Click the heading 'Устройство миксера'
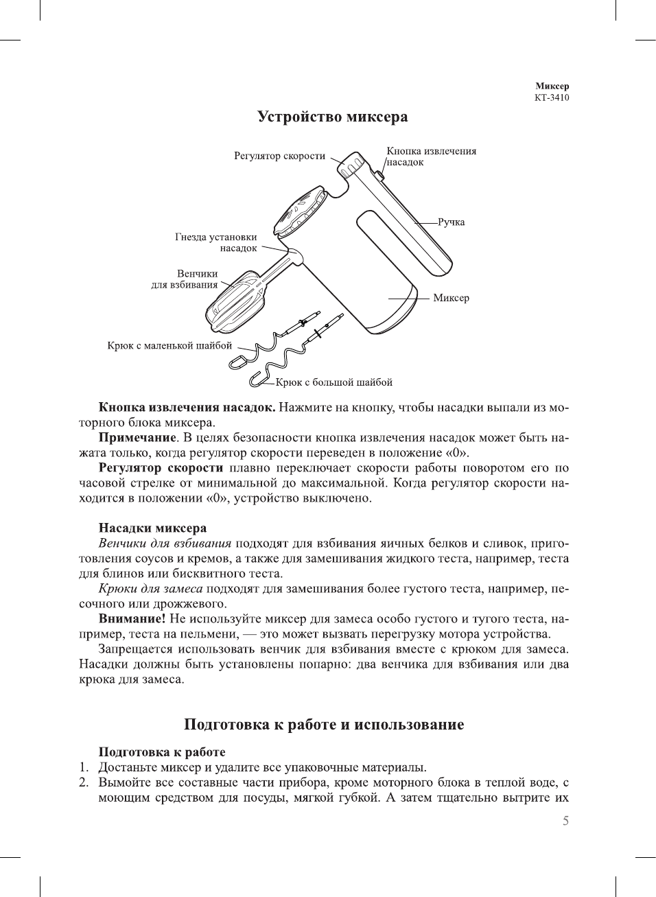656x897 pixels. pyautogui.click(x=332, y=117)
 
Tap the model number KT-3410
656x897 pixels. pyautogui.click(x=552, y=97)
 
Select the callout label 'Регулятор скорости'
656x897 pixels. pyautogui.click(x=279, y=156)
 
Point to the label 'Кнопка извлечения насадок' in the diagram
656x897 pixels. pyautogui.click(x=430, y=156)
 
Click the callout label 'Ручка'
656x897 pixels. pyautogui.click(x=451, y=222)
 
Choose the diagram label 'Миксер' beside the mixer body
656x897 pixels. pyautogui.click(x=451, y=298)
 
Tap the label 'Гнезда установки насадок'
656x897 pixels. pyautogui.click(x=216, y=242)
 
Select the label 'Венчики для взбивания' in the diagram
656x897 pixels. pyautogui.click(x=185, y=279)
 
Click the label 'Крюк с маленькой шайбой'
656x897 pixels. pyautogui.click(x=169, y=345)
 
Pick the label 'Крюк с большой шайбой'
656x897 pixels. pyautogui.click(x=334, y=382)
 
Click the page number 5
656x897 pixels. pyautogui.click(x=565, y=821)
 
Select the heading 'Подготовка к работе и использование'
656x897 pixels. pyautogui.click(x=324, y=725)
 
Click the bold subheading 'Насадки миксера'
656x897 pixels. pyautogui.click(x=152, y=528)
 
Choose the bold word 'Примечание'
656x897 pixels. pyautogui.click(x=137, y=437)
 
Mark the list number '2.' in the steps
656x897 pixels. pyautogui.click(x=84, y=782)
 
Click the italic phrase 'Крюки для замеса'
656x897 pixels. pyautogui.click(x=150, y=589)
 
